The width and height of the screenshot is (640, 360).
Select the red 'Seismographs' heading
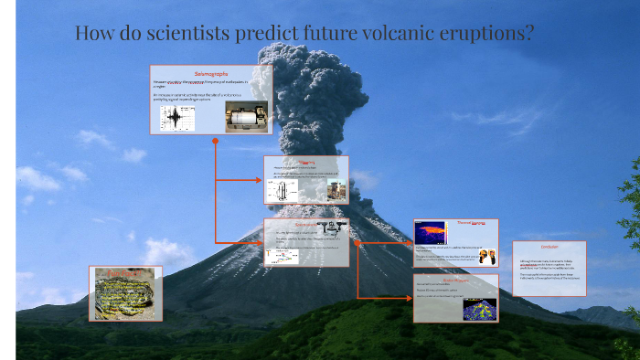(211, 72)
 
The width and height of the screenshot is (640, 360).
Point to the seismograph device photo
(245, 116)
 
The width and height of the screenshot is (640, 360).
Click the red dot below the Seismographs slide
(215, 142)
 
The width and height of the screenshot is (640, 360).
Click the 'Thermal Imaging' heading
(473, 224)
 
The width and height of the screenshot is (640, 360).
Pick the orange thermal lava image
(430, 232)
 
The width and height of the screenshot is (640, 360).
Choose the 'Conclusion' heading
(549, 247)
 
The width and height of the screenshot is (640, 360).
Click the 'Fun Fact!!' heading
(125, 271)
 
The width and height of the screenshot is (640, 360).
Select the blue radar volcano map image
(479, 309)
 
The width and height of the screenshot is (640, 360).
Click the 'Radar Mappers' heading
(455, 281)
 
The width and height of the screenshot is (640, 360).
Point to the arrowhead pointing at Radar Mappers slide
(411, 297)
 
